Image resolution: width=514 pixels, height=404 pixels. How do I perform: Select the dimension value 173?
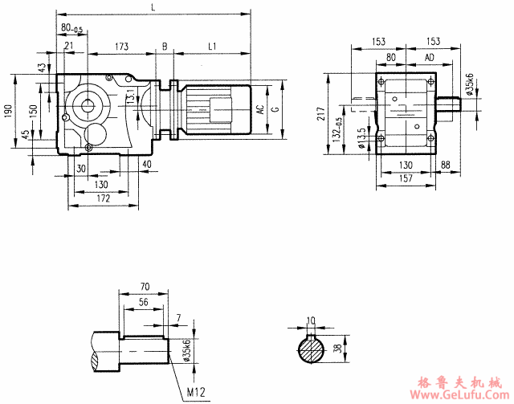pos(122,47)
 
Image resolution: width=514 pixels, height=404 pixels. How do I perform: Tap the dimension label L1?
pos(212,47)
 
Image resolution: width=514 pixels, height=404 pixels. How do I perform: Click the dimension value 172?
pos(100,197)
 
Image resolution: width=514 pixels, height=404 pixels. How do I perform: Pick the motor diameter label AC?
pos(260,109)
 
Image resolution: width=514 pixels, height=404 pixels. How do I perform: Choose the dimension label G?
pos(275,109)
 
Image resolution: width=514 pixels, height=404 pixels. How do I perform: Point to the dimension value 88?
pos(446,165)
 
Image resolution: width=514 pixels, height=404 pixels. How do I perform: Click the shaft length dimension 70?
pos(145,285)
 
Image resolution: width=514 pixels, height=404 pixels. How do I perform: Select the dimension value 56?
pos(143,302)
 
